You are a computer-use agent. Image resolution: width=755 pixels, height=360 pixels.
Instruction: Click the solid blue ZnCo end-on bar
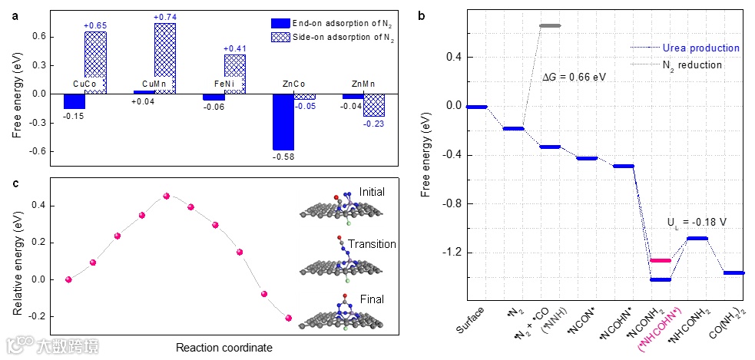283,121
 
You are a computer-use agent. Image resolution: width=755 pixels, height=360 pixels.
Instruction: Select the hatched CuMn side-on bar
165,58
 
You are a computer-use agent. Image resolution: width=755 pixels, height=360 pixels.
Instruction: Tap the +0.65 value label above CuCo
94,25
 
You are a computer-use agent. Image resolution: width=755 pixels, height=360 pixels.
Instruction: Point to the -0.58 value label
283,157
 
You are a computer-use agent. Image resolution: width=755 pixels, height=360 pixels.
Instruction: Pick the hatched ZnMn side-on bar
374,105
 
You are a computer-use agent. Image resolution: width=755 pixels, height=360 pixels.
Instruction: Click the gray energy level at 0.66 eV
550,25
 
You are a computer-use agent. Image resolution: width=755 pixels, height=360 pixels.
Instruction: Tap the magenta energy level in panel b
661,261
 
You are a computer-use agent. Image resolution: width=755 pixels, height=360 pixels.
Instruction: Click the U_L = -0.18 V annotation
697,221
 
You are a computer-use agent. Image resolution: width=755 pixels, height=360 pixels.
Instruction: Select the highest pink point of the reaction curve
167,196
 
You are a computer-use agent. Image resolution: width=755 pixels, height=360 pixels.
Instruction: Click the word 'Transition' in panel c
372,244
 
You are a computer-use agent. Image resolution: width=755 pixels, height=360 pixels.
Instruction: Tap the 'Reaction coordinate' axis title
224,348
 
